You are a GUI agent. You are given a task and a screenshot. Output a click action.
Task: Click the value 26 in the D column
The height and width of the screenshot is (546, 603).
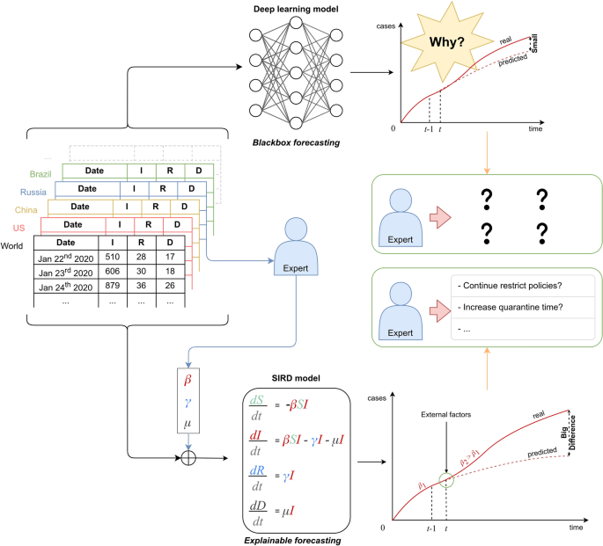pos(168,289)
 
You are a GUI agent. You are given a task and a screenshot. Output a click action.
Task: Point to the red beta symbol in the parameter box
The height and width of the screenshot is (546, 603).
pos(187,380)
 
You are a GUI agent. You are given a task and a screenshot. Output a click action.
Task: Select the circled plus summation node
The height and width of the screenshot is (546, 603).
pos(187,458)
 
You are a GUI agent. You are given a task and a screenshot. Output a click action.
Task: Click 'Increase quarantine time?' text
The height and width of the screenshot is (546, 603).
pos(516,307)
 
